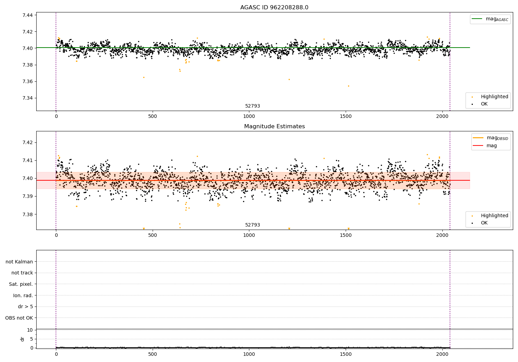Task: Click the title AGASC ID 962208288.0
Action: (274, 8)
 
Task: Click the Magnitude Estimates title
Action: (274, 127)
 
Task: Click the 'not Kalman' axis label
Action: (19, 262)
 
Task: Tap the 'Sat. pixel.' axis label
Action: (21, 284)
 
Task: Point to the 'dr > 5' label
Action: (26, 306)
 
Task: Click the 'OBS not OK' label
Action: (19, 318)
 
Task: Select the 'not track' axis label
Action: (22, 273)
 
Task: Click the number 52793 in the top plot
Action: (252, 106)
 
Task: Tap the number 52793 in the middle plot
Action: (252, 225)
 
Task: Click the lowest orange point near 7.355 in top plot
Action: (348, 86)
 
